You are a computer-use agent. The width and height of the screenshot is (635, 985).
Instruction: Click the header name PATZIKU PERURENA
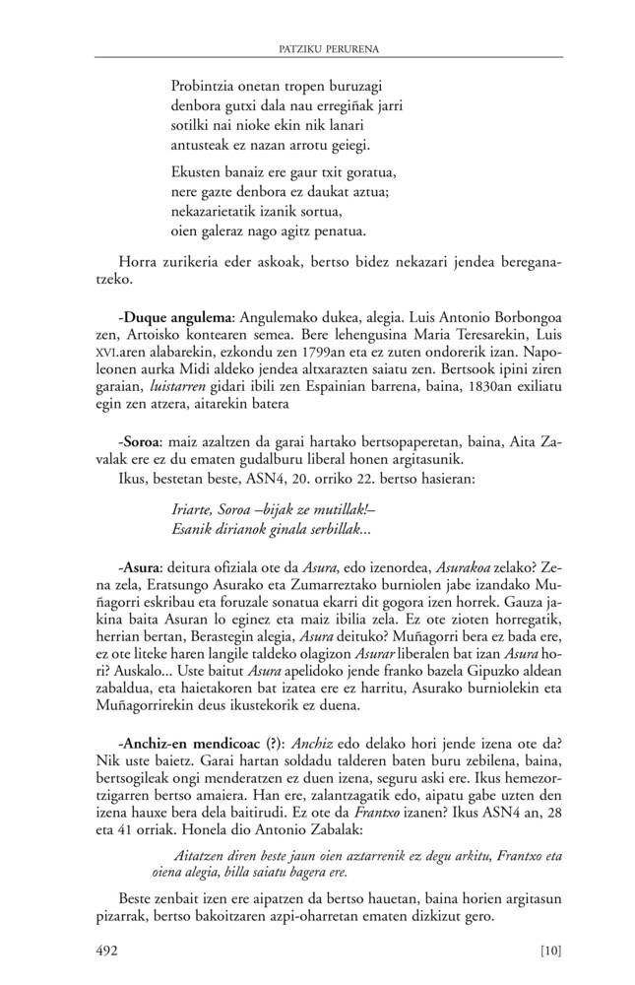click(317, 46)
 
